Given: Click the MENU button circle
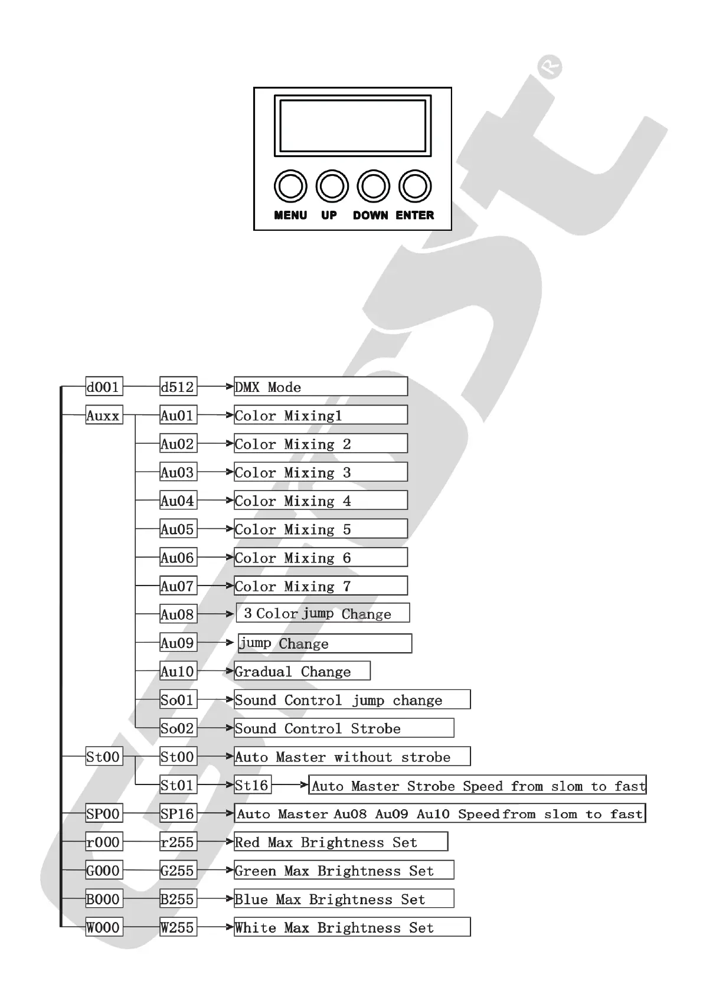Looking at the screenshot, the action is pos(290,187).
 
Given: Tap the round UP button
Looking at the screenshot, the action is pos(332,187).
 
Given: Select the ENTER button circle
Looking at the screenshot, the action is pos(415,187).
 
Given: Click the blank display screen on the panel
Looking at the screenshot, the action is pos(352,126).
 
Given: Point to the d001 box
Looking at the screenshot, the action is pos(104,387).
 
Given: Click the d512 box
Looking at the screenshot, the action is pos(178,387).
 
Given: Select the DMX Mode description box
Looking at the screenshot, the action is pos(321,387).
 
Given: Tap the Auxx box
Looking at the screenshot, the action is pos(104,416).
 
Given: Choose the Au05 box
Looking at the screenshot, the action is pos(178,529).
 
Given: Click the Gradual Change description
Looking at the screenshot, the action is pos(302,671).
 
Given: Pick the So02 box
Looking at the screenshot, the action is pos(178,728).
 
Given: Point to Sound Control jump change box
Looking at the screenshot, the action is pos(352,699).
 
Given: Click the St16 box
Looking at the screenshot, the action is pos(252,785).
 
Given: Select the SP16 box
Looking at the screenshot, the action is pos(178,813).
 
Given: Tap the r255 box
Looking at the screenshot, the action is pos(178,842).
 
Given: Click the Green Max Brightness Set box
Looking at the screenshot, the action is pos(344,870).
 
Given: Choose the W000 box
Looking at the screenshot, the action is pos(104,927).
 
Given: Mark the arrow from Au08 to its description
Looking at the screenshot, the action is pos(216,614).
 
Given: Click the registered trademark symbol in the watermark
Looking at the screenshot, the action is pos(550,67).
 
